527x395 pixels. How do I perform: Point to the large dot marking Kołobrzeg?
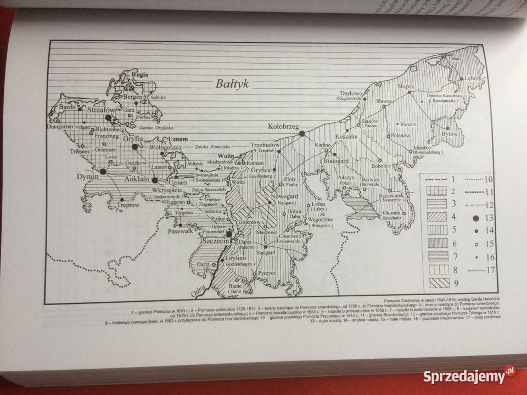[x=301, y=133]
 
